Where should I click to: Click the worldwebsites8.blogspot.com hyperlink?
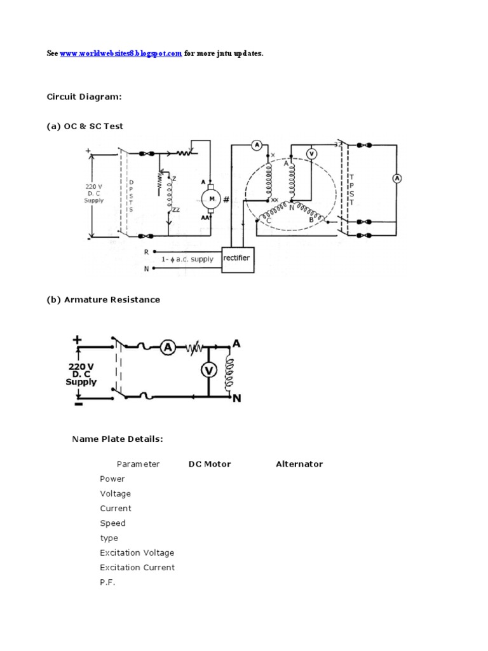click(121, 54)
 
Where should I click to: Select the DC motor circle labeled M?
click(208, 200)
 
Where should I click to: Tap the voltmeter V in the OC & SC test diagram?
click(311, 153)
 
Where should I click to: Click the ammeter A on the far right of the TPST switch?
click(397, 179)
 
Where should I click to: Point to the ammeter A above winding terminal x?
click(257, 145)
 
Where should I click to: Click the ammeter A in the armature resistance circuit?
click(167, 346)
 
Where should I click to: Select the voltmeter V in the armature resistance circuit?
click(207, 371)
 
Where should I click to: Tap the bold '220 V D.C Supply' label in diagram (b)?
click(81, 374)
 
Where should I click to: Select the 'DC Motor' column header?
click(210, 464)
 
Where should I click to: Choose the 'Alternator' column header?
click(299, 464)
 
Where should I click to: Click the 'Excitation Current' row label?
click(137, 567)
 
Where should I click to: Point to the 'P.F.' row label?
click(107, 582)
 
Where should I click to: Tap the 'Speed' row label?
click(112, 523)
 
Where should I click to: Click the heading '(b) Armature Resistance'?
click(104, 299)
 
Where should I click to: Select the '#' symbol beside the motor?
click(226, 200)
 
